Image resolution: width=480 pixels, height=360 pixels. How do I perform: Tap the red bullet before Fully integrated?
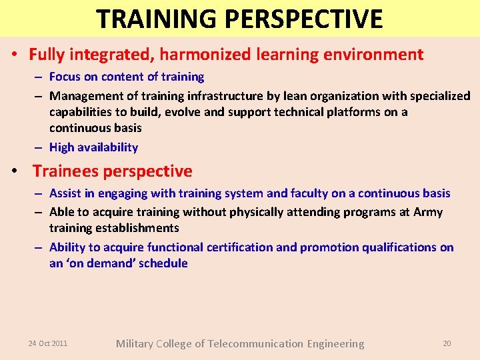tap(14, 55)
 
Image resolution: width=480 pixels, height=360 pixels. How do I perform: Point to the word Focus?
tap(65, 77)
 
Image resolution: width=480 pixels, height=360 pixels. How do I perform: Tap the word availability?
tap(107, 147)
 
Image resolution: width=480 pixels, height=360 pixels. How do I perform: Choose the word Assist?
tap(65, 193)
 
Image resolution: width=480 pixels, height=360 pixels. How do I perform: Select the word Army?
tap(427, 212)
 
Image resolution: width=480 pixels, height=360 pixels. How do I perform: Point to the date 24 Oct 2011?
tap(47, 343)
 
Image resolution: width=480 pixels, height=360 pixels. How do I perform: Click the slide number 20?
tap(447, 343)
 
